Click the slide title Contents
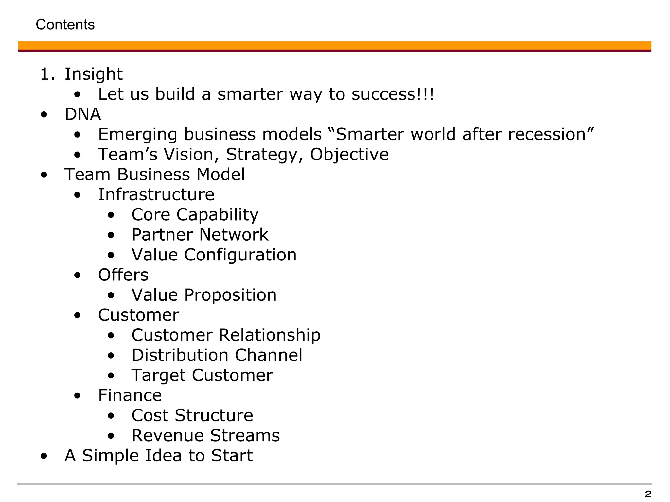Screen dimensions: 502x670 [65, 25]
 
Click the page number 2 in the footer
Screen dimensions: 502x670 [648, 494]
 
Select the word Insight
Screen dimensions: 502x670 [94, 74]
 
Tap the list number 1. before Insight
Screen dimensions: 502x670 [47, 74]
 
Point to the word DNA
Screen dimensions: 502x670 [83, 114]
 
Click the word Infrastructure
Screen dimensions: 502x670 [156, 194]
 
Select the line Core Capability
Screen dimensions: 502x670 [195, 215]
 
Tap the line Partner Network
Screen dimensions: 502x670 [200, 235]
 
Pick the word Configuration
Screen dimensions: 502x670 [240, 255]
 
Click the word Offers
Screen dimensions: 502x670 [123, 275]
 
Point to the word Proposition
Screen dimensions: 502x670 [230, 295]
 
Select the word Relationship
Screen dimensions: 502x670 [270, 335]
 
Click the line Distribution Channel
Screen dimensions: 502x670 [217, 355]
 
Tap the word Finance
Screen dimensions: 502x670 [130, 395]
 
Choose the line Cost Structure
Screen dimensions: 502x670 [192, 415]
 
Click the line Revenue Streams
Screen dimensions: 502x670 [206, 436]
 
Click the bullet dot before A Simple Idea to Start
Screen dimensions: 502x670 [44, 456]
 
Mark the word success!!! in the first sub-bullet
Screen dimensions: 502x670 [393, 94]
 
